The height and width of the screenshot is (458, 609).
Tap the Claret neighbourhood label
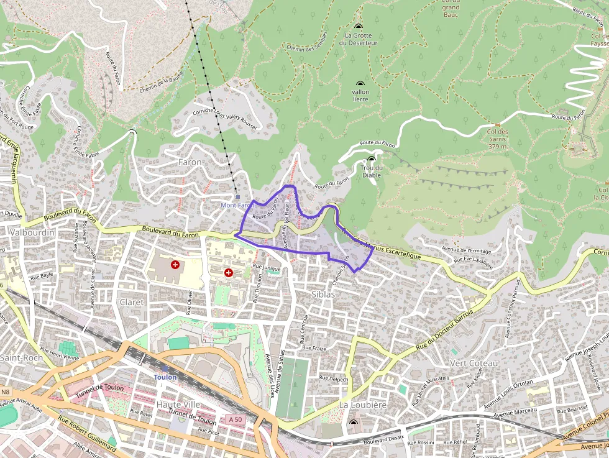click(x=131, y=302)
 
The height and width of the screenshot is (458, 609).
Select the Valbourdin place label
click(x=32, y=232)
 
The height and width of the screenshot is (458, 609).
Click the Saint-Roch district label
click(x=21, y=358)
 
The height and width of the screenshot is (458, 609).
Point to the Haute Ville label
click(x=178, y=404)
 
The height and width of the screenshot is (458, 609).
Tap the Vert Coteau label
click(x=474, y=363)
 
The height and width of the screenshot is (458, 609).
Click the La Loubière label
click(x=363, y=405)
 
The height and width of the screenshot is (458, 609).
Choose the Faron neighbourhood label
click(x=190, y=162)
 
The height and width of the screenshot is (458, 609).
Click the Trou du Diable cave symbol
click(x=372, y=159)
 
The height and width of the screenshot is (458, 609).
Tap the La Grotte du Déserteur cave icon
click(x=359, y=26)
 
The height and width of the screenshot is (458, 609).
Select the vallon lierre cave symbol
click(x=360, y=83)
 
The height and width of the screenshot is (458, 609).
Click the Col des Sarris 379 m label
click(x=498, y=139)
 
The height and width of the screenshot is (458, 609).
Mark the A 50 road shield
click(x=236, y=419)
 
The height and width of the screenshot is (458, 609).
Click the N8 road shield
click(x=6, y=392)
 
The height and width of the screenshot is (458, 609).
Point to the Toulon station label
click(x=165, y=377)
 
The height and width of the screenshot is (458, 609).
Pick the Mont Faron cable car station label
click(x=236, y=205)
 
